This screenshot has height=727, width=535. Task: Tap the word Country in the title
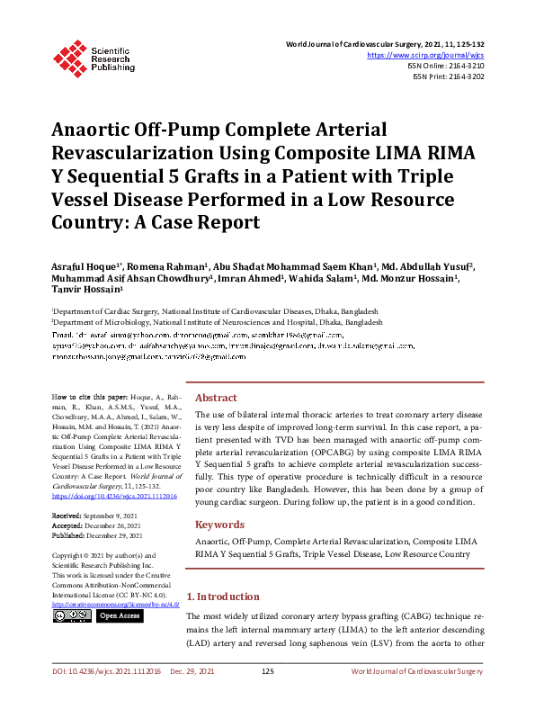[x=89, y=221]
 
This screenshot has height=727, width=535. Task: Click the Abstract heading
[x=216, y=398]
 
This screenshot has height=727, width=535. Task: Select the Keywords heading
[x=219, y=524]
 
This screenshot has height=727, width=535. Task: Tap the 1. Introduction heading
[x=222, y=597]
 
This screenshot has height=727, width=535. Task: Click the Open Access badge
[x=119, y=616]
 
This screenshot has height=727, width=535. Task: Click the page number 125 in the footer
[x=267, y=697]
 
